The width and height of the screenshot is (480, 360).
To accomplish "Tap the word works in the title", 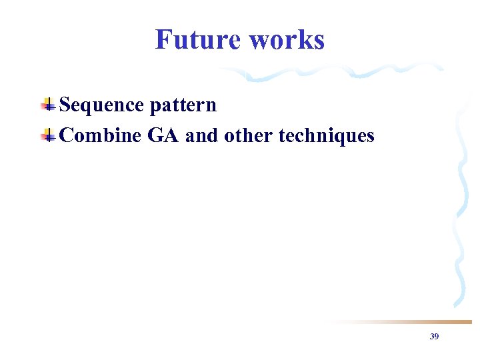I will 287,39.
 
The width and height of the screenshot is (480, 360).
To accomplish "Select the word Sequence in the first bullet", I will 101,105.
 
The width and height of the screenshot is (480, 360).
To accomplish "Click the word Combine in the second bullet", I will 100,136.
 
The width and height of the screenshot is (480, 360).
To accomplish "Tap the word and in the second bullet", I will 202,136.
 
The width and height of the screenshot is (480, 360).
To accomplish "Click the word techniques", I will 326,136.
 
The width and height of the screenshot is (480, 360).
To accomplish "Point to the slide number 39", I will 434,337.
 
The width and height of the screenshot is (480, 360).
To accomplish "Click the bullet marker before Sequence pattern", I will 48,105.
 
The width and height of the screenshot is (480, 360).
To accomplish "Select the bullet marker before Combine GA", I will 48,135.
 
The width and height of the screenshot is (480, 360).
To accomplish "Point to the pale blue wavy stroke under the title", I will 333,72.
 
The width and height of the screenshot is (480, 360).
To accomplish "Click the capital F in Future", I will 163,39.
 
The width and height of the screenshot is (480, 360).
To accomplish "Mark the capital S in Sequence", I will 65,105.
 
